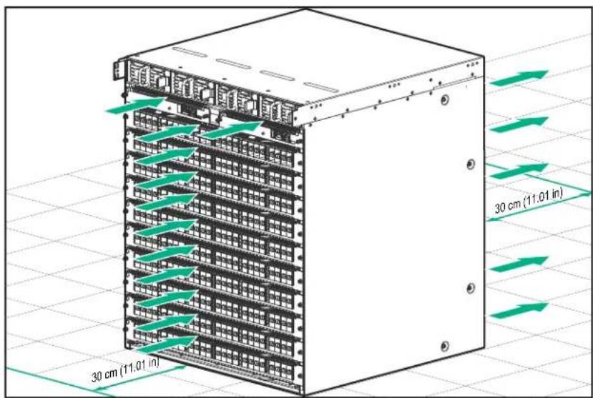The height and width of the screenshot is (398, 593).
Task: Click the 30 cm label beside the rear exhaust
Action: click(529, 201)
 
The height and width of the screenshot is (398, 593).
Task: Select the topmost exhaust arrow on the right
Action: click(519, 78)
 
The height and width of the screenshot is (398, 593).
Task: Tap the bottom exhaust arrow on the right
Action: click(519, 310)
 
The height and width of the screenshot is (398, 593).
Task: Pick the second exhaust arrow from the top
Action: click(519, 124)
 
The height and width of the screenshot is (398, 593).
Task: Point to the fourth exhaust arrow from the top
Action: click(519, 264)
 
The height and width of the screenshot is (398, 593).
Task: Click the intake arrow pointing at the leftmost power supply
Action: click(135, 105)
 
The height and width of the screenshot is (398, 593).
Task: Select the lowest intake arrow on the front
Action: click(167, 344)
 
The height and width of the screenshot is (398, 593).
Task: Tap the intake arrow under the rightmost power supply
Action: click(232, 130)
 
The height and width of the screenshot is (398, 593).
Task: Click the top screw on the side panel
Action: click(445, 100)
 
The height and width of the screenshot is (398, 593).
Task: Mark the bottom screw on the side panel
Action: click(445, 346)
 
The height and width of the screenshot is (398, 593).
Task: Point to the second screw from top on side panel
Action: click(471, 164)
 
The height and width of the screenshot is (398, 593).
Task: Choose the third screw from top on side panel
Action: click(471, 288)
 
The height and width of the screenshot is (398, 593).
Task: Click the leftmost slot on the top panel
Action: click(189, 52)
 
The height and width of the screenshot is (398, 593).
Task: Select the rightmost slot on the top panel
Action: click(321, 87)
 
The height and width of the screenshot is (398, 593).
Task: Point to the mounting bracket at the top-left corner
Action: click(117, 71)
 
